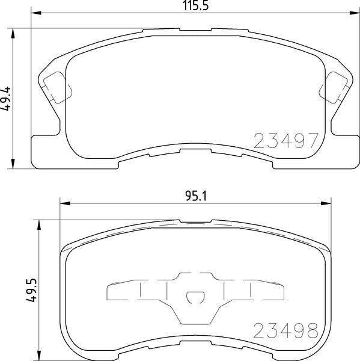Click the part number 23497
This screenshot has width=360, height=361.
pyautogui.click(x=285, y=141)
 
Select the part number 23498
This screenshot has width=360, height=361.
pyautogui.click(x=285, y=330)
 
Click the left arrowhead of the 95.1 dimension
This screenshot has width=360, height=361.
pyautogui.click(x=62, y=203)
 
